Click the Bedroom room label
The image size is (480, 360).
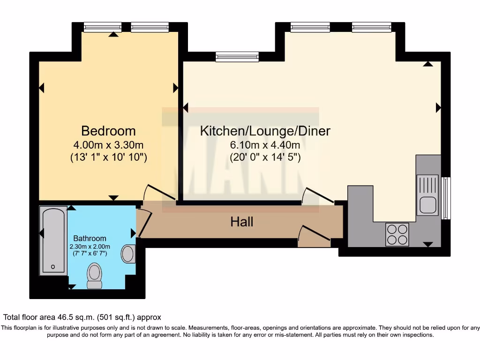pyautogui.click(x=108, y=131)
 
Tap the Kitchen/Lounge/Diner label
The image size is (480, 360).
pyautogui.click(x=265, y=131)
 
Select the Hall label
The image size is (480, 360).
pyautogui.click(x=242, y=222)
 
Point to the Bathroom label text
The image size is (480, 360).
pyautogui.click(x=90, y=239)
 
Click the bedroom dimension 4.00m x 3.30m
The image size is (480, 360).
pyautogui.click(x=108, y=145)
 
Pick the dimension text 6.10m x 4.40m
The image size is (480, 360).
pyautogui.click(x=265, y=145)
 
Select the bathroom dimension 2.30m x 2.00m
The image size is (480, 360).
pyautogui.click(x=90, y=247)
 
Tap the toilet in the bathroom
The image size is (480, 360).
pyautogui.click(x=94, y=276)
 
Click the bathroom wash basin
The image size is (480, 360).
pyautogui.click(x=127, y=254)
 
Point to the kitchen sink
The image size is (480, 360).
pyautogui.click(x=427, y=195)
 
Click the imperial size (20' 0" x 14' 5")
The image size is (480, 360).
pyautogui.click(x=265, y=158)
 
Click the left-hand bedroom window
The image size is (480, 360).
pyautogui.click(x=102, y=28)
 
